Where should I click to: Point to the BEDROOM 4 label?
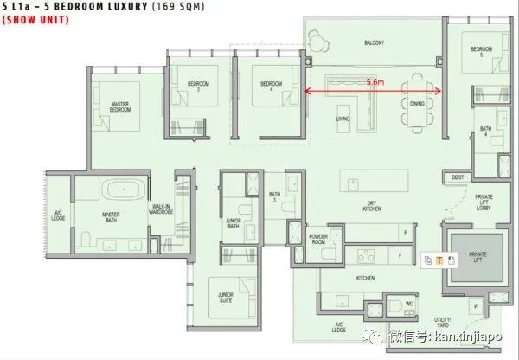click(271, 86)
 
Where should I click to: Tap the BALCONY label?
click(374, 43)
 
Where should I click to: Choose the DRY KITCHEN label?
click(372, 208)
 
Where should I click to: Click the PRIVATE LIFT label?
click(478, 258)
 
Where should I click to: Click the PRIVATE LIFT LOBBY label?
click(484, 203)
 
